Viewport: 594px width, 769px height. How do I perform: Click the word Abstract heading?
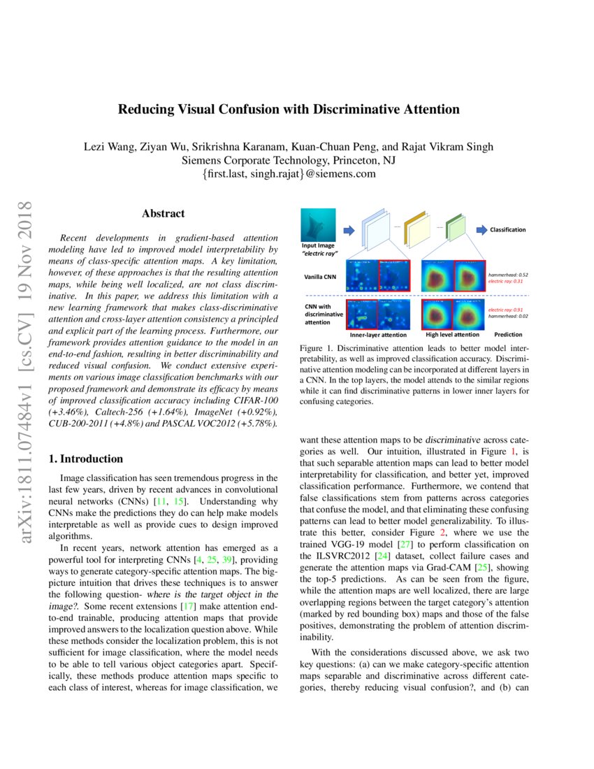pyautogui.click(x=163, y=213)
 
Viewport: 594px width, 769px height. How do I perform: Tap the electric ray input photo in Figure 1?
pyautogui.click(x=318, y=224)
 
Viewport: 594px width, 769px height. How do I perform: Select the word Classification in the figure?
pyautogui.click(x=508, y=229)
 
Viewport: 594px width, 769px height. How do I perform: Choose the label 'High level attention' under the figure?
pyautogui.click(x=453, y=335)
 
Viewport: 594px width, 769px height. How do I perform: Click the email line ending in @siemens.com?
pyautogui.click(x=296, y=173)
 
